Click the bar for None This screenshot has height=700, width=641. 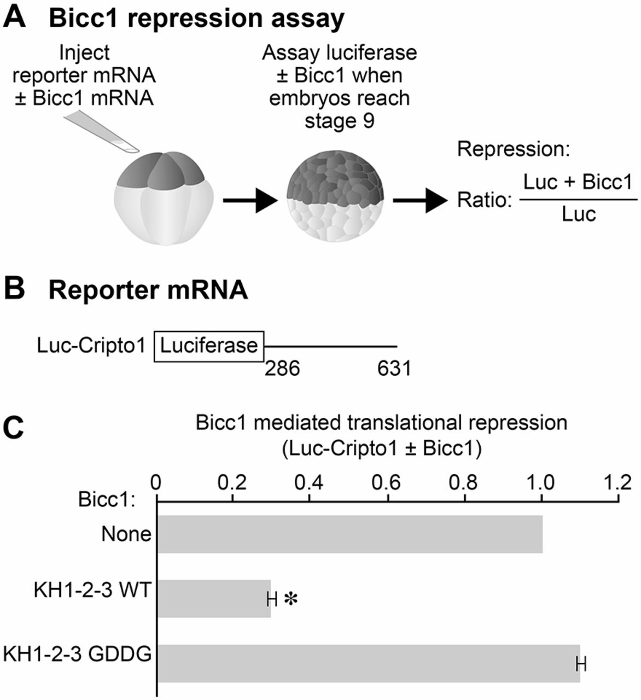(x=350, y=534)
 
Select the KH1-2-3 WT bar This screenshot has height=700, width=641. (x=214, y=599)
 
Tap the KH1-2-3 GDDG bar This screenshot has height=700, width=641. (x=368, y=663)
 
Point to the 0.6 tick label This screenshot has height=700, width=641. (x=387, y=483)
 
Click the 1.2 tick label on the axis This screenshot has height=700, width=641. (x=618, y=483)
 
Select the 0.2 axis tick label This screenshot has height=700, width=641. (x=233, y=483)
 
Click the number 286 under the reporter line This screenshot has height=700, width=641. (x=282, y=369)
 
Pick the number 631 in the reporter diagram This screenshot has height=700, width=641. (x=394, y=369)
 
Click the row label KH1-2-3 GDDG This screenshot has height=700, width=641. (x=77, y=654)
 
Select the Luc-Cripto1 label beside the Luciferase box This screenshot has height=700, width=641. (x=92, y=346)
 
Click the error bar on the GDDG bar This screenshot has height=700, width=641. (x=581, y=664)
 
